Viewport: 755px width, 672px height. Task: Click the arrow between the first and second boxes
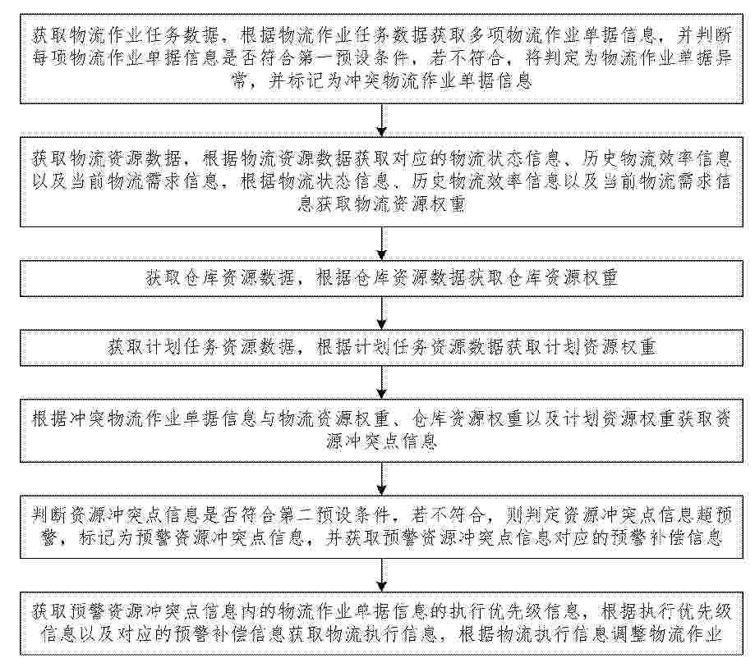click(x=381, y=121)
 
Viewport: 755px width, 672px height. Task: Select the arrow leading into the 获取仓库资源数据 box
click(x=381, y=244)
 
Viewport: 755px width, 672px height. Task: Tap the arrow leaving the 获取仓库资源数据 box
click(x=381, y=313)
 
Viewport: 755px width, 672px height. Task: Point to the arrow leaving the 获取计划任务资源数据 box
click(x=381, y=382)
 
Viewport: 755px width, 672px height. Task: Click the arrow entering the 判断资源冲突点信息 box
click(x=381, y=479)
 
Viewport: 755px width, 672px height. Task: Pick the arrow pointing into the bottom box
click(x=381, y=575)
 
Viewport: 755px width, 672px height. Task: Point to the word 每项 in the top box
click(x=50, y=58)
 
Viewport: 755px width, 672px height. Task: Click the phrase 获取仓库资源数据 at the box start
click(x=219, y=278)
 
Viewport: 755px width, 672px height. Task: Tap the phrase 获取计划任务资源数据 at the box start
click(x=200, y=347)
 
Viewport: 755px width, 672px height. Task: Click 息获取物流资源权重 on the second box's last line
click(x=381, y=204)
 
